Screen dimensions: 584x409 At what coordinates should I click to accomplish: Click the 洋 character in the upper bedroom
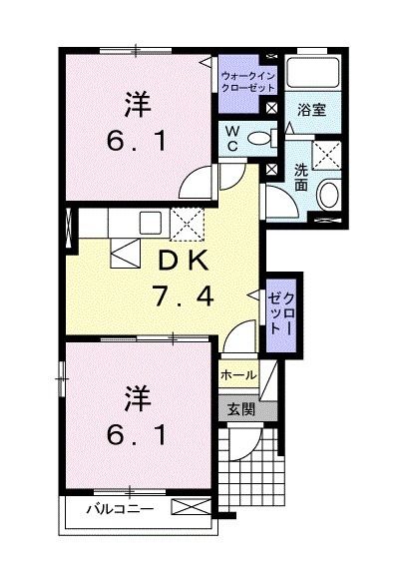click(139, 102)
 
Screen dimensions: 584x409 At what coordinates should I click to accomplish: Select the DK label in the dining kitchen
click(181, 261)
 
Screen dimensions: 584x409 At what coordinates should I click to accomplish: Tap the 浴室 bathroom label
click(311, 111)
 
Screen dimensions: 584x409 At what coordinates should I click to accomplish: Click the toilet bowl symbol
click(260, 140)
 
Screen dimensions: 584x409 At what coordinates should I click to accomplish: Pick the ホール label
click(238, 374)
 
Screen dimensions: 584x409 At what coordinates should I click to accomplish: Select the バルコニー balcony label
click(119, 509)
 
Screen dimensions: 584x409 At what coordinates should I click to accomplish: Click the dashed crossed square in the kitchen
click(188, 225)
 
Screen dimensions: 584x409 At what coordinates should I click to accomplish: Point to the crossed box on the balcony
click(192, 508)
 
